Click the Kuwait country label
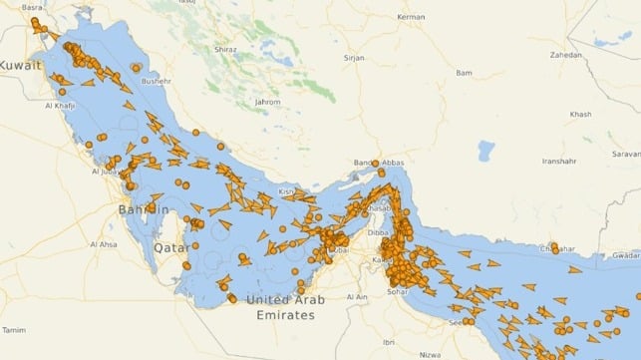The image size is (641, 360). [x=21, y=65]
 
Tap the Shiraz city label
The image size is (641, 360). [x=225, y=48]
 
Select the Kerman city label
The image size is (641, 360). [x=411, y=17]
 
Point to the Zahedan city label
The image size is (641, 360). [x=565, y=55]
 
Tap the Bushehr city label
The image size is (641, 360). [x=159, y=81]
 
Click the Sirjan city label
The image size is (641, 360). [x=356, y=58]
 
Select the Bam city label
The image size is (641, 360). [x=464, y=73]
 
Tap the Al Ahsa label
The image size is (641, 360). [x=104, y=244]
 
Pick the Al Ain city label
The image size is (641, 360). [x=358, y=297]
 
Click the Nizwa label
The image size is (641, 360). [x=431, y=353]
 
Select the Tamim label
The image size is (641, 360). [x=14, y=329]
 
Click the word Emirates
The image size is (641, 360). [x=285, y=314]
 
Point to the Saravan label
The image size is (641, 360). [x=626, y=154]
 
